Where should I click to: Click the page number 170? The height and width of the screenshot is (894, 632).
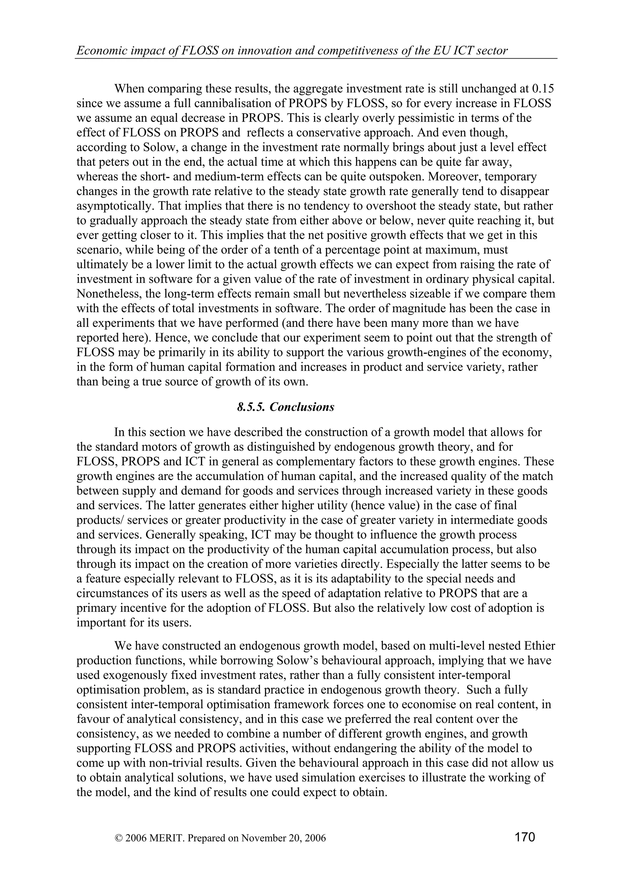click(525, 836)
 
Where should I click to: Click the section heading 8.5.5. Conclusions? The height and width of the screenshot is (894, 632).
click(286, 407)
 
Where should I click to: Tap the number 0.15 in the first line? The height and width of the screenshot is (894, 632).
click(543, 89)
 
